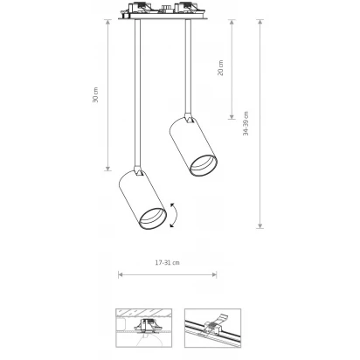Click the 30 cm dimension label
(95, 94)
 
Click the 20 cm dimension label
(220, 68)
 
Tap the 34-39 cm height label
(246, 123)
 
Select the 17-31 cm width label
(168, 263)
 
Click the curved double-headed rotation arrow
(175, 215)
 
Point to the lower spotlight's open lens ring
(153, 218)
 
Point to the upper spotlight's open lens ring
(203, 165)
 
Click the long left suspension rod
(137, 93)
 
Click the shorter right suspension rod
(188, 66)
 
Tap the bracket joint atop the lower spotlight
(138, 171)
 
